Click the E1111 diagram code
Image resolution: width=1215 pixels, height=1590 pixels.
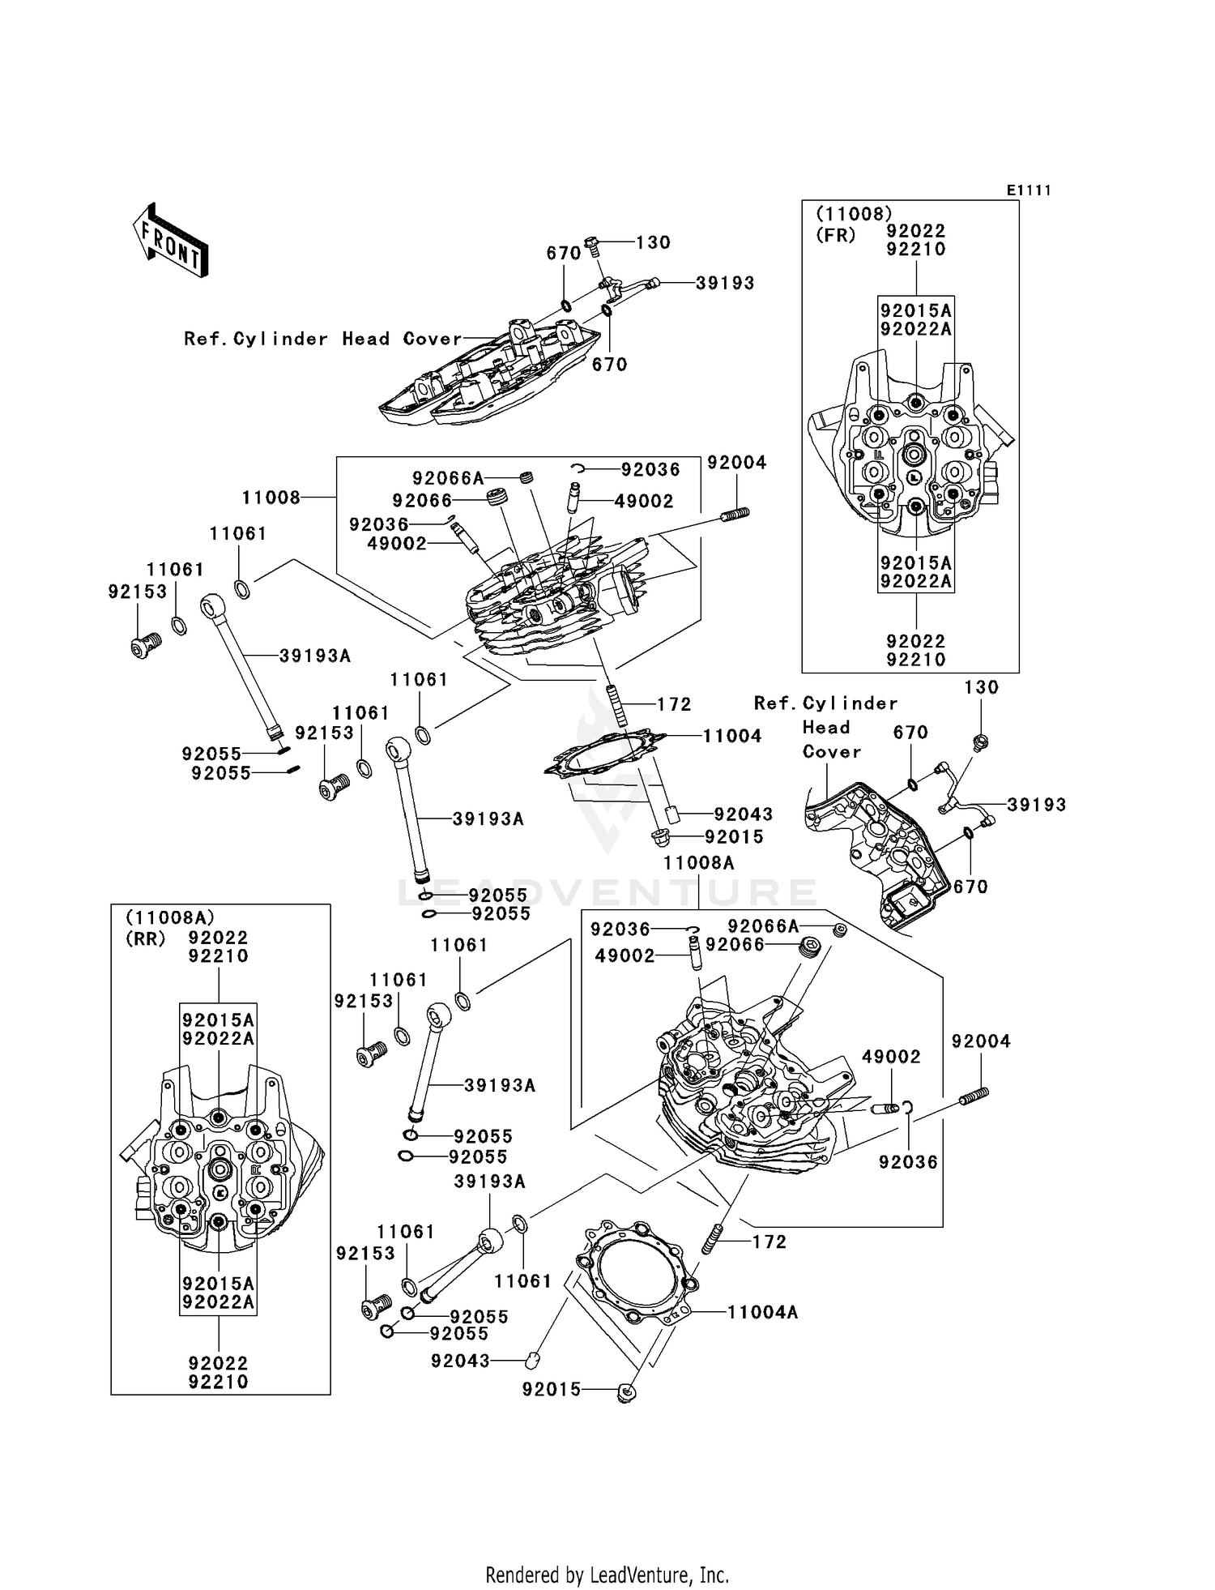pyautogui.click(x=1029, y=190)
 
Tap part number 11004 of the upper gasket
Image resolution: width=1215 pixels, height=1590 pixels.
pyautogui.click(x=731, y=736)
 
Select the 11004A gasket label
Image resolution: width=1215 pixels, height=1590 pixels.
pyautogui.click(x=762, y=1312)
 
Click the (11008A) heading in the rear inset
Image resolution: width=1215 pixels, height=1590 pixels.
pyautogui.click(x=170, y=917)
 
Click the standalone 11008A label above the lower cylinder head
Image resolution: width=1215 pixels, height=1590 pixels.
pyautogui.click(x=698, y=863)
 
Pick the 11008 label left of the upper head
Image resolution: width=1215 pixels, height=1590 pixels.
pyautogui.click(x=271, y=497)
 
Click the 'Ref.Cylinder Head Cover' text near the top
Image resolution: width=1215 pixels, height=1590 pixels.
pyautogui.click(x=322, y=339)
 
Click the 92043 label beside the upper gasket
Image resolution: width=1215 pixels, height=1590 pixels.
pyautogui.click(x=743, y=814)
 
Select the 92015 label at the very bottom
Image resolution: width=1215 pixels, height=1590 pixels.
pyautogui.click(x=552, y=1390)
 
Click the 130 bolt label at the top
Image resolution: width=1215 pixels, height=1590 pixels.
pyautogui.click(x=653, y=242)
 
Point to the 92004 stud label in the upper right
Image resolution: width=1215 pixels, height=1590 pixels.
pyautogui.click(x=736, y=462)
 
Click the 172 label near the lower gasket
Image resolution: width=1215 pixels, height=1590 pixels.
pyautogui.click(x=769, y=1242)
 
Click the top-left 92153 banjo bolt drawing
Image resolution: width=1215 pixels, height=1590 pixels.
pyautogui.click(x=145, y=646)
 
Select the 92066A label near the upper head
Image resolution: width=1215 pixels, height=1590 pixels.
pyautogui.click(x=447, y=478)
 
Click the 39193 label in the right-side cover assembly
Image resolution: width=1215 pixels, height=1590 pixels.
pyautogui.click(x=1036, y=805)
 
